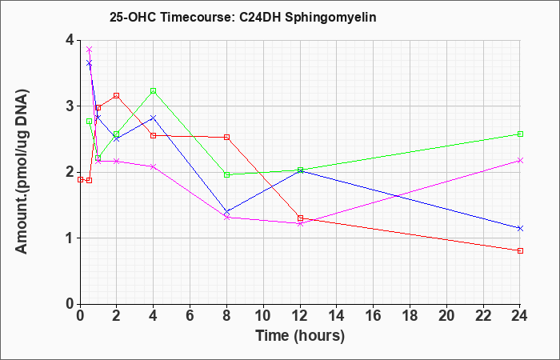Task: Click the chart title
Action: coord(243,17)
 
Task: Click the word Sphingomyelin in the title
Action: coord(330,18)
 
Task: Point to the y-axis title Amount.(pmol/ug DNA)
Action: coord(22,171)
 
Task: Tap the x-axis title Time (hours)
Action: coord(300,336)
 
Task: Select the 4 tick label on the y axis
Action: coord(70,40)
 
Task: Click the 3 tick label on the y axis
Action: coord(70,106)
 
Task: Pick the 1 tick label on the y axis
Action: coord(70,238)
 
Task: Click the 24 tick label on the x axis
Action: coord(520,315)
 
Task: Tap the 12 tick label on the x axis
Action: coord(300,315)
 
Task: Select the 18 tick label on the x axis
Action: coord(410,315)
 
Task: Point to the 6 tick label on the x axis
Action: coord(190,315)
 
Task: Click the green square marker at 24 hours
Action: coord(520,134)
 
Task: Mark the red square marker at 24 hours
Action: coord(520,250)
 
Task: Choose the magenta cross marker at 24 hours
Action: coord(520,160)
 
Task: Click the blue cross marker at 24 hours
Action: coord(520,228)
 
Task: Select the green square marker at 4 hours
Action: coord(154,90)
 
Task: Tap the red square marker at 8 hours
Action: coord(226,137)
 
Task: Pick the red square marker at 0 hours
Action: coord(80,180)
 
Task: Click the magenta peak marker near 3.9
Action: coord(90,49)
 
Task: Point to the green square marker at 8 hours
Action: coord(226,174)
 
